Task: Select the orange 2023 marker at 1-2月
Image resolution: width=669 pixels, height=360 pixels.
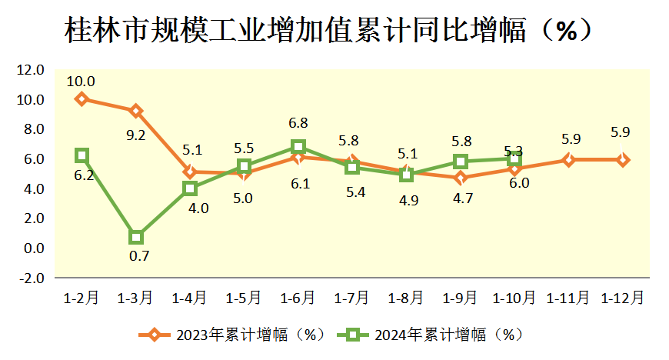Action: tap(82, 99)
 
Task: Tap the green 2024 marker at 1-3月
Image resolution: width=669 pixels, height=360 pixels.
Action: tap(136, 237)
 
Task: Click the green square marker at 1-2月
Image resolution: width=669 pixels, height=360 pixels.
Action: tap(82, 155)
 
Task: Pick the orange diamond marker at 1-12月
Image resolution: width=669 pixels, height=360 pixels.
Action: tap(623, 160)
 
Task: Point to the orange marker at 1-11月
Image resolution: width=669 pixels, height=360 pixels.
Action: tap(568, 160)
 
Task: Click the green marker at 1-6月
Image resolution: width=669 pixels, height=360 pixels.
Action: tap(298, 147)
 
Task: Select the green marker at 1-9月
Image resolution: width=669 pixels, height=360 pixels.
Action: tap(461, 162)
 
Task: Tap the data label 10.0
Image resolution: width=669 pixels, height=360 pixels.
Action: tap(81, 81)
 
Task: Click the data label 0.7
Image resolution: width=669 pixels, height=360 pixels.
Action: tap(139, 256)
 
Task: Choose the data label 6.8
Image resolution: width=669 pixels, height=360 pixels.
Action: tap(298, 123)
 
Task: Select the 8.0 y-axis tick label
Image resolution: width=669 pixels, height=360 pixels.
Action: tap(33, 129)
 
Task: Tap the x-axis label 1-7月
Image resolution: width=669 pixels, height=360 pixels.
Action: tap(352, 297)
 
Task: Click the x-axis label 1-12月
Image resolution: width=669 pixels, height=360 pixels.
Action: tap(623, 297)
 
